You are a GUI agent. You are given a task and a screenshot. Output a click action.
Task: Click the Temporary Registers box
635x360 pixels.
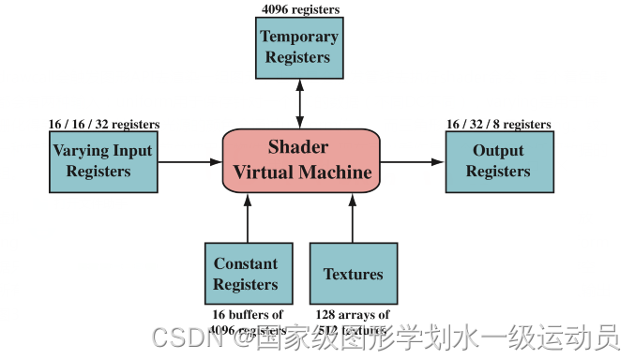click(x=299, y=47)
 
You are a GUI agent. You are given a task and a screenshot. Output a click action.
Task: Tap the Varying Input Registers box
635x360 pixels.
click(x=102, y=160)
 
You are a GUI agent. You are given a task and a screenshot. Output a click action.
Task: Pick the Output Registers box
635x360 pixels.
click(x=498, y=161)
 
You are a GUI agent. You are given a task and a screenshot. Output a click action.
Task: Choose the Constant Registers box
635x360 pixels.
click(x=246, y=274)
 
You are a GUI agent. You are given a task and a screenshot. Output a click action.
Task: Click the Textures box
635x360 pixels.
click(x=353, y=274)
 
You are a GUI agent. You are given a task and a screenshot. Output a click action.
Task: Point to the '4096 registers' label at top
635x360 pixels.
click(x=299, y=9)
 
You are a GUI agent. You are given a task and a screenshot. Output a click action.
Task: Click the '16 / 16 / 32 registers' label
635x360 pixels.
click(x=103, y=124)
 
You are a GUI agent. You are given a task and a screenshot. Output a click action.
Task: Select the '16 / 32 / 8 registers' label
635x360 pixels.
click(x=498, y=124)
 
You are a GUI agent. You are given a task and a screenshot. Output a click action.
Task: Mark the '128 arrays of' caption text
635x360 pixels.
click(x=353, y=314)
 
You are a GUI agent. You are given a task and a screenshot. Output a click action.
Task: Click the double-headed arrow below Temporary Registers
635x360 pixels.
click(x=299, y=103)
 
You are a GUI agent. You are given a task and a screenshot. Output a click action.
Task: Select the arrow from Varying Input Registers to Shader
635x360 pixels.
click(x=189, y=161)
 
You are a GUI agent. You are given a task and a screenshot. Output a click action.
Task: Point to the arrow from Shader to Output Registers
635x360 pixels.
click(x=412, y=161)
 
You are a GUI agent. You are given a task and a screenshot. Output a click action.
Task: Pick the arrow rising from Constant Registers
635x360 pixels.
click(x=248, y=217)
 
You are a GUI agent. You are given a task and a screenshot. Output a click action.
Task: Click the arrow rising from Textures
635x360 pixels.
click(x=353, y=217)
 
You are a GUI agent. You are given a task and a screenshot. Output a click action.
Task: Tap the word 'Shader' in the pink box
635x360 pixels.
click(x=298, y=147)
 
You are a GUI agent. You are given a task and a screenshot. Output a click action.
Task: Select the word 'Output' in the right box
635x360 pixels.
click(x=498, y=151)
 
